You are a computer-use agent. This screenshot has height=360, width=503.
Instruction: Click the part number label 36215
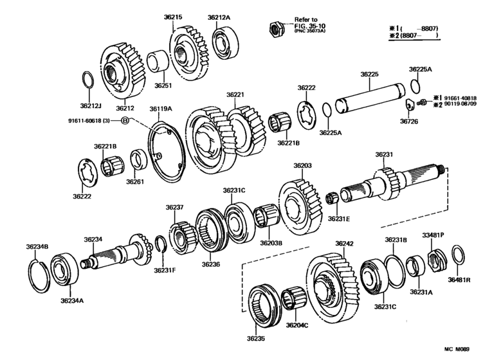tap(173, 17)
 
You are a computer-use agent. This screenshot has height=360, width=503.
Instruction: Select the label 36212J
tap(91, 106)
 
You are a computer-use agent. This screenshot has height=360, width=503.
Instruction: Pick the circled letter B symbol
tap(125, 120)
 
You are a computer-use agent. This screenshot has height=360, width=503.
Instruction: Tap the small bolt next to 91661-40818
tap(422, 102)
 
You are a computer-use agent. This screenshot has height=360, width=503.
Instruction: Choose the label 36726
tap(409, 122)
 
